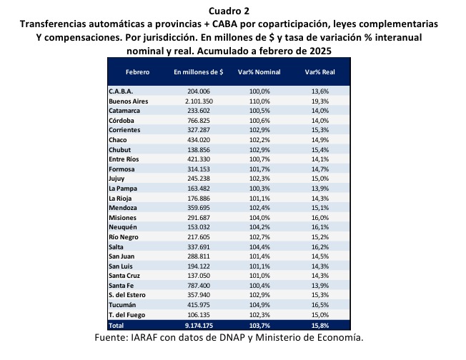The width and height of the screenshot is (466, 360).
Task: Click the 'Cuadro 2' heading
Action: (x=229, y=11)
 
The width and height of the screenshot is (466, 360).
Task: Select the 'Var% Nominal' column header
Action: (x=259, y=72)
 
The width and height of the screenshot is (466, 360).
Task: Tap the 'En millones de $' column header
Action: (x=199, y=72)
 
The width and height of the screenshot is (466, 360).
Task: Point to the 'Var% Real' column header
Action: (x=319, y=72)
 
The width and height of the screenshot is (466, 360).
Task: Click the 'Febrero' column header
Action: (x=138, y=72)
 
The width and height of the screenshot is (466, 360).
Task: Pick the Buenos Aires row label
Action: (x=129, y=101)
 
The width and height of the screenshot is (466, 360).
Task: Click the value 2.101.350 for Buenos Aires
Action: (x=199, y=101)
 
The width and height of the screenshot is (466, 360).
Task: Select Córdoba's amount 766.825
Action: (x=199, y=121)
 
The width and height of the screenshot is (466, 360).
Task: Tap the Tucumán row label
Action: (x=122, y=305)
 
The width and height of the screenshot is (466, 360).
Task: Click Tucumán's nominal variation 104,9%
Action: (x=259, y=305)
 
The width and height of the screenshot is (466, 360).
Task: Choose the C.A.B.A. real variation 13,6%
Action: (x=320, y=91)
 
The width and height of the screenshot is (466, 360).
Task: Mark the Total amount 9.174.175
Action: (x=199, y=326)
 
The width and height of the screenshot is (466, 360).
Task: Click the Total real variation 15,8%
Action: (x=320, y=326)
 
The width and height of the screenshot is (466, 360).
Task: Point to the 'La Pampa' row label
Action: (x=123, y=189)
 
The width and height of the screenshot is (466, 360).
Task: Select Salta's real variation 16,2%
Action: (x=320, y=247)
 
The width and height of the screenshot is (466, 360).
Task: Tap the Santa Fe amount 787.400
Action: (x=199, y=286)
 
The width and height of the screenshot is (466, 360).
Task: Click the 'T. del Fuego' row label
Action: (x=127, y=315)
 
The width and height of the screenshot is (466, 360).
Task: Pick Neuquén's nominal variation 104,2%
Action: (x=259, y=227)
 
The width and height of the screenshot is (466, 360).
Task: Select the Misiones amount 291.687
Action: (x=199, y=218)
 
